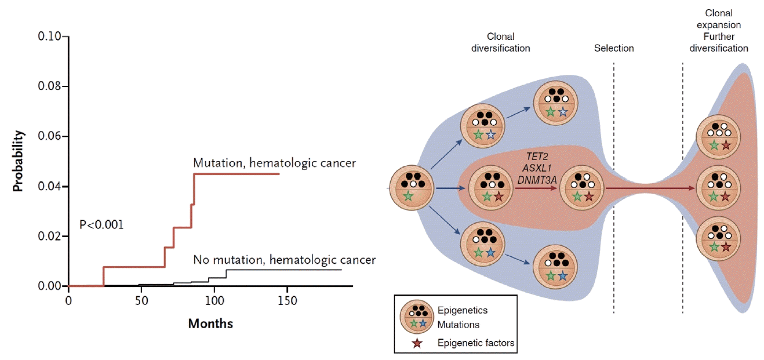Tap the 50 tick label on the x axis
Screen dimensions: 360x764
coord(141,301)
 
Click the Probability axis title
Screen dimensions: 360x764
coord(19,161)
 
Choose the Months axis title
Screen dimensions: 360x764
coord(210,323)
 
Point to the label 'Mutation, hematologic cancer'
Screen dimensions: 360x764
coord(274,163)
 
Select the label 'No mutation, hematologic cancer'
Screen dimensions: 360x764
coord(284,260)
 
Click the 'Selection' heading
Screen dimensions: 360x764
coord(614,48)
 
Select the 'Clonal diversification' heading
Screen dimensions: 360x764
coord(501,42)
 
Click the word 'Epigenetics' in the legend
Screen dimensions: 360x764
coord(462,310)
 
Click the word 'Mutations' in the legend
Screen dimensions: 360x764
coord(459,325)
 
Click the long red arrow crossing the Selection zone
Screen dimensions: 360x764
coord(649,188)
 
